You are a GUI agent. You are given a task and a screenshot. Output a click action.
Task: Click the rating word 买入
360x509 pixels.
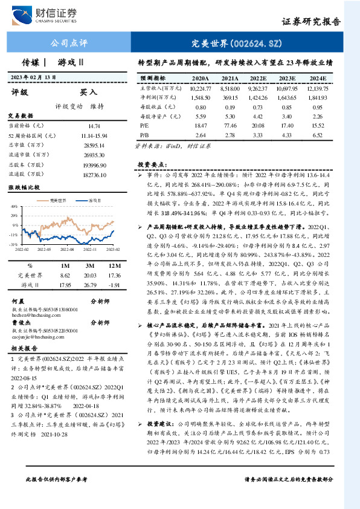point(89,92)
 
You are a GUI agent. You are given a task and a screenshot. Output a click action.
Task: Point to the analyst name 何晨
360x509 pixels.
point(18,300)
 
